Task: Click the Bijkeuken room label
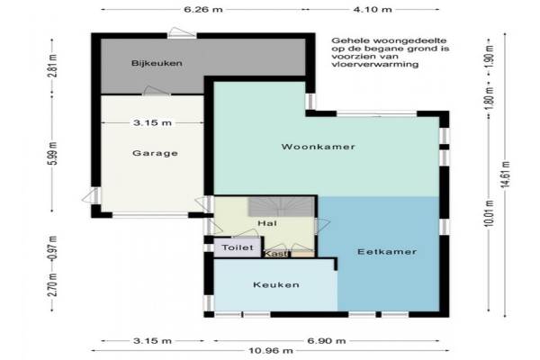click(157, 63)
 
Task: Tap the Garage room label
click(155, 153)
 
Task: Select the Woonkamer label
click(318, 147)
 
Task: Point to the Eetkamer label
click(387, 252)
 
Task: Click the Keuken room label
click(276, 285)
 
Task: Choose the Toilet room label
click(238, 247)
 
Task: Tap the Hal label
click(267, 223)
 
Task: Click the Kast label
click(276, 254)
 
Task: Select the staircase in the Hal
click(281, 207)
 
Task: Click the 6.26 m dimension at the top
click(203, 9)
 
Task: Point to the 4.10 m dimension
click(373, 9)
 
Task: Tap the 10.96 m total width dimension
click(271, 351)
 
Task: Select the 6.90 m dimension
click(327, 341)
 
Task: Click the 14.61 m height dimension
click(505, 175)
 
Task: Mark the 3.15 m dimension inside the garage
click(152, 122)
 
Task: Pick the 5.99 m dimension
click(52, 154)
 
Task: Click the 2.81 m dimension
click(52, 66)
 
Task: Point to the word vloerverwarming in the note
click(375, 64)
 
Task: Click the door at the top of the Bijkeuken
click(182, 33)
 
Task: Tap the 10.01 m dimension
click(489, 213)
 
